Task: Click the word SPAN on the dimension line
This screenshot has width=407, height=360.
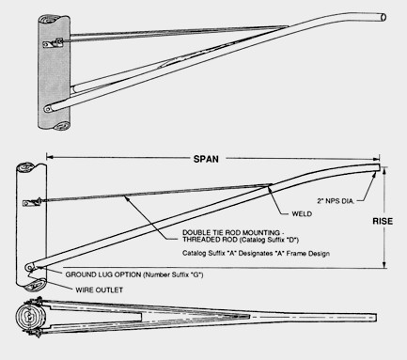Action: click(x=206, y=159)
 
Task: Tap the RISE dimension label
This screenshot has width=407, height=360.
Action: click(x=383, y=221)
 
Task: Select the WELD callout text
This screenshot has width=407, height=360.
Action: click(x=302, y=214)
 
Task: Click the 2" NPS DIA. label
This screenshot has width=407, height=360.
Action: click(x=336, y=201)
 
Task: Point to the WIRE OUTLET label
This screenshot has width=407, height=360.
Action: click(x=100, y=290)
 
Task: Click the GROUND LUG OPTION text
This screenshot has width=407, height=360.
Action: click(x=103, y=274)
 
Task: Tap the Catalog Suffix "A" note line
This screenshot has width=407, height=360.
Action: click(x=256, y=253)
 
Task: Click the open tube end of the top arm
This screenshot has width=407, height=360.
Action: click(x=383, y=17)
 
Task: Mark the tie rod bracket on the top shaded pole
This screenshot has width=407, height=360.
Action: click(x=54, y=43)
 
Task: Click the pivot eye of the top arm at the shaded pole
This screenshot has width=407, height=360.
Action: click(x=48, y=109)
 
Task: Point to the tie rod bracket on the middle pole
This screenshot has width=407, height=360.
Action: click(x=32, y=202)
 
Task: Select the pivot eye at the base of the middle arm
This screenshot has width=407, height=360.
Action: click(x=30, y=267)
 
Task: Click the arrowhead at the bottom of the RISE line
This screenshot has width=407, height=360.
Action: click(x=384, y=265)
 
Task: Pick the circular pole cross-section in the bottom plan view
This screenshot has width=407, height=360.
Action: click(x=29, y=317)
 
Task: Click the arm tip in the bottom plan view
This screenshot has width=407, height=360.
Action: click(x=375, y=318)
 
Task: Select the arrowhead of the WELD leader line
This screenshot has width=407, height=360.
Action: click(x=269, y=189)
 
